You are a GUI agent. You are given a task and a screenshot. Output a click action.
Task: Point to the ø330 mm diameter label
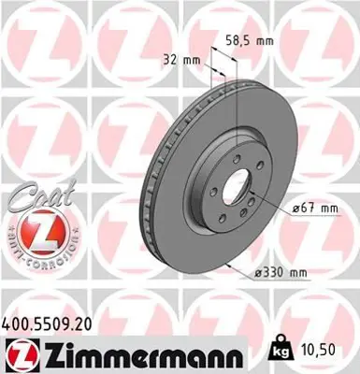click(x=283, y=272)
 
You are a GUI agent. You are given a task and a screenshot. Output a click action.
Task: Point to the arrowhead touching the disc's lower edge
click(x=230, y=265)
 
